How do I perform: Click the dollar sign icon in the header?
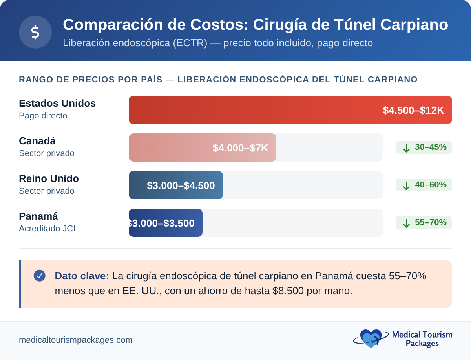coord(35,32)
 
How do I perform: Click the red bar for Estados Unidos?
coord(251,110)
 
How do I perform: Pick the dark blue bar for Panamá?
coord(165,223)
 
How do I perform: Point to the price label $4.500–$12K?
coord(413,110)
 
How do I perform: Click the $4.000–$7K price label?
coord(240,148)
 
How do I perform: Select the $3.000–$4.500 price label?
coord(181,185)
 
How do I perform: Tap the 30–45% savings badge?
coord(424,147)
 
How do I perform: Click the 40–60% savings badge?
coord(424,185)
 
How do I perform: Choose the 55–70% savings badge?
coord(424,223)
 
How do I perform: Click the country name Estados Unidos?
coord(57,103)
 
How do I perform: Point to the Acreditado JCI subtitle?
coord(47,229)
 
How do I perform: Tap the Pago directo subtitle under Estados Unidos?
coord(43,116)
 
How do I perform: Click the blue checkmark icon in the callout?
coord(40,276)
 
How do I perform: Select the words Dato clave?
coord(82,276)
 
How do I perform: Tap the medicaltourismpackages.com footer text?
coord(75,340)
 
